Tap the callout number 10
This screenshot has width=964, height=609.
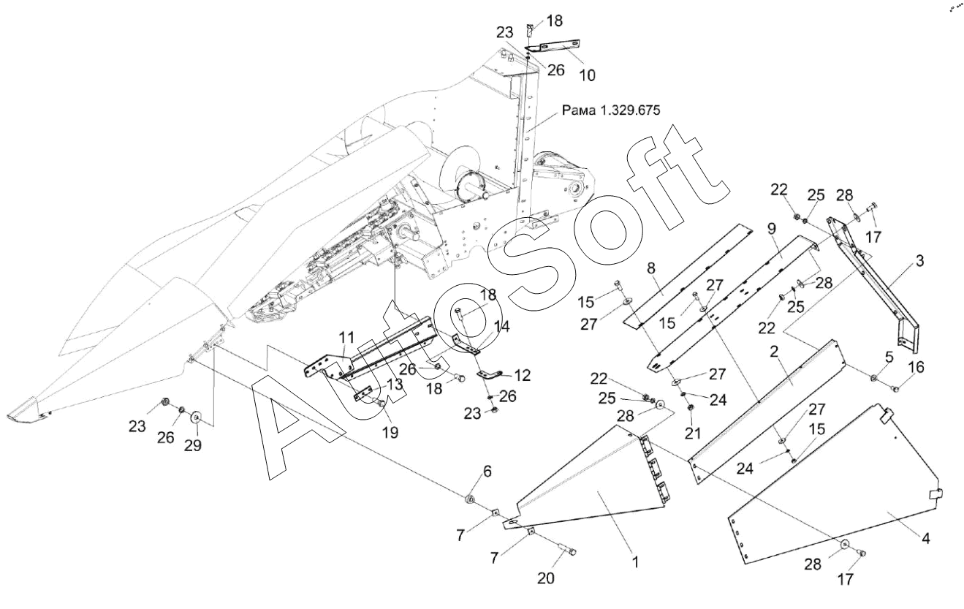(x=588, y=75)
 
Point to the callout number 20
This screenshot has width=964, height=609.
(x=545, y=578)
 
